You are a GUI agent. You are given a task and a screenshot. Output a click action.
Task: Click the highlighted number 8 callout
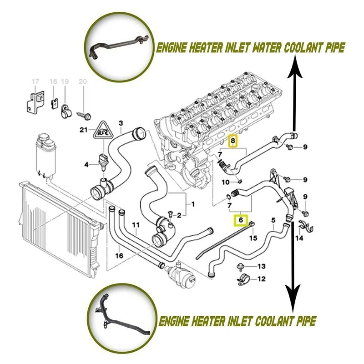click(233, 142)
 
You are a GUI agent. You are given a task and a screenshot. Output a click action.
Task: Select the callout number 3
click(121, 123)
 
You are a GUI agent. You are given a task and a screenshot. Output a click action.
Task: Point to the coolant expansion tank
click(44, 155)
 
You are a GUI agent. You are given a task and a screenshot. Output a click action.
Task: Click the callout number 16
click(119, 256)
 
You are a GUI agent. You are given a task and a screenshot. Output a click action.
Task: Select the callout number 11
click(136, 225)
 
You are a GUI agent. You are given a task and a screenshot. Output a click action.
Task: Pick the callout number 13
click(261, 266)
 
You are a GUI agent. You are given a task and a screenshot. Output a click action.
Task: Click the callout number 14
click(299, 238)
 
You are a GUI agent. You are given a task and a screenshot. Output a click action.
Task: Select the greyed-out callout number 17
click(33, 81)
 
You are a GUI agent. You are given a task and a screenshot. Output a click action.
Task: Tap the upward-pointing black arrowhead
click(295, 64)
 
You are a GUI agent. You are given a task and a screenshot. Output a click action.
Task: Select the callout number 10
click(226, 182)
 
